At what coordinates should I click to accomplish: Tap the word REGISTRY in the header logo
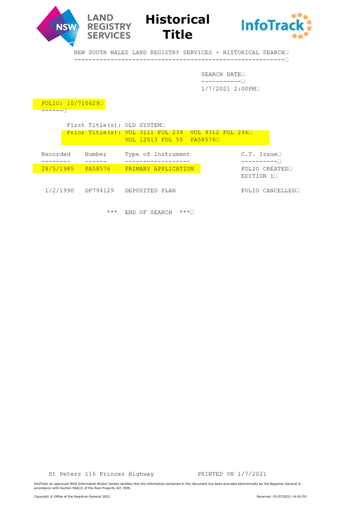[x=110, y=26]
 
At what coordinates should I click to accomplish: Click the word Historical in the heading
[x=177, y=20]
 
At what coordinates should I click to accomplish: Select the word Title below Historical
[x=177, y=34]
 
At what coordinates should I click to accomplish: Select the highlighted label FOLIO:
[x=51, y=104]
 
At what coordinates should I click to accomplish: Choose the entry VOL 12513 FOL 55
[x=154, y=140]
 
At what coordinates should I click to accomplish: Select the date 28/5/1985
[x=55, y=169]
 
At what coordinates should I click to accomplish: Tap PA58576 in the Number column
[x=97, y=169]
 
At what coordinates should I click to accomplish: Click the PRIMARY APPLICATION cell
[x=159, y=169]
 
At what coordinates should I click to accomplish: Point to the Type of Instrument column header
[x=157, y=154]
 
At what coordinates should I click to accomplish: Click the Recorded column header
[x=55, y=154]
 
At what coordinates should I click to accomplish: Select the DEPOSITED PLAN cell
[x=150, y=190]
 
